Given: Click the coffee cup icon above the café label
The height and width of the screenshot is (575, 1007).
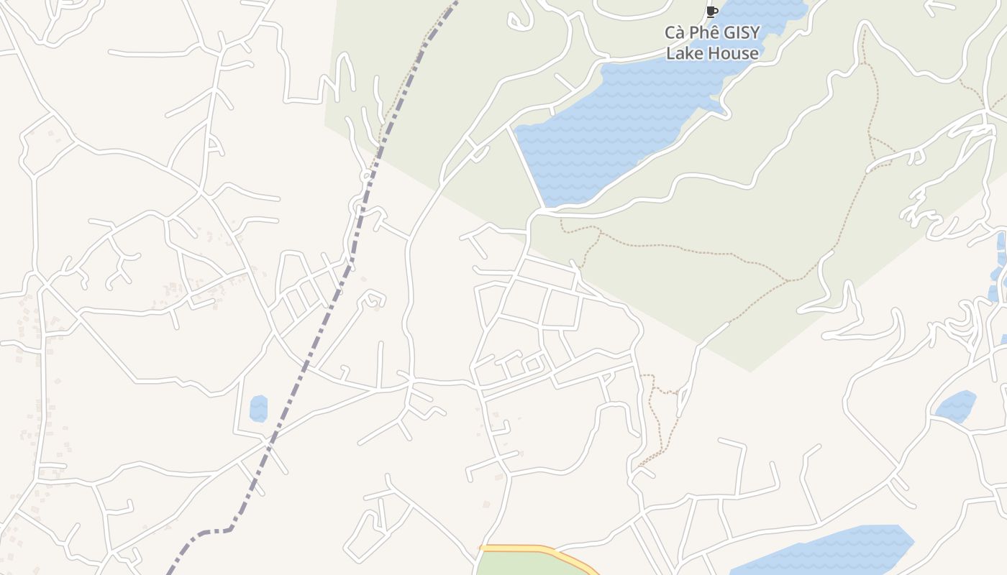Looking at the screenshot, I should (x=712, y=11).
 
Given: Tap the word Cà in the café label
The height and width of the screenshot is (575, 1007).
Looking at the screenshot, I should (x=675, y=33).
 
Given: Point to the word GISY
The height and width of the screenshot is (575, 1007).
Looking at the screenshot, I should (x=741, y=33).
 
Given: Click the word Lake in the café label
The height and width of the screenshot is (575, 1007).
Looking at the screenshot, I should (x=683, y=53).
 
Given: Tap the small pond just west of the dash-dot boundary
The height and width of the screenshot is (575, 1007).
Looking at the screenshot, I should (x=258, y=408).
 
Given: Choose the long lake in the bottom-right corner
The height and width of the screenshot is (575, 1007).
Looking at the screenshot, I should (x=827, y=550).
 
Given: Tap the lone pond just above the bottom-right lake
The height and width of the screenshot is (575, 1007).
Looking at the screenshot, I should (x=956, y=406).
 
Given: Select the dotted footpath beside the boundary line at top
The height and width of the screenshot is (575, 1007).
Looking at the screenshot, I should (x=410, y=72).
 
